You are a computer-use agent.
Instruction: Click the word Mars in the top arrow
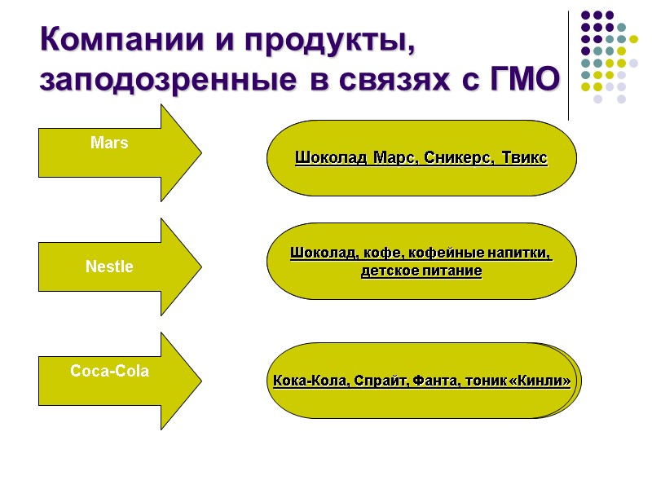point(109,143)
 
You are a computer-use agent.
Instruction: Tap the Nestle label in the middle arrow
point(109,267)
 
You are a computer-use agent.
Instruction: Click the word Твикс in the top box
point(525,157)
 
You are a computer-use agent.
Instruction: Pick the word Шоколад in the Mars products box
point(331,157)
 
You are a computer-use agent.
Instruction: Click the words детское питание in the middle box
point(421,271)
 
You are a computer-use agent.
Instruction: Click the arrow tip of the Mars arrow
point(199,152)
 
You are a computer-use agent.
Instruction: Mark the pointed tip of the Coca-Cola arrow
point(199,381)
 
